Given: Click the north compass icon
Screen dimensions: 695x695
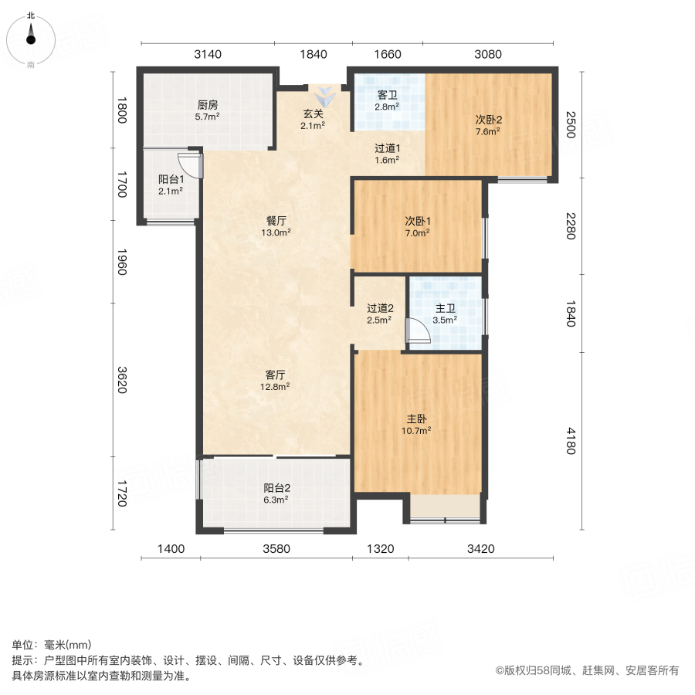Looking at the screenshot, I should [31, 35].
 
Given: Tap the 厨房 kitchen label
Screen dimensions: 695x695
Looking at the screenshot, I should [208, 105].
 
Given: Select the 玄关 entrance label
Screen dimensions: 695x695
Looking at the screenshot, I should [313, 114].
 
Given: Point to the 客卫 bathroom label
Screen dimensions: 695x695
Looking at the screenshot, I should [387, 95].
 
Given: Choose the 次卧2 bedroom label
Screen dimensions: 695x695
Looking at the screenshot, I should [488, 120].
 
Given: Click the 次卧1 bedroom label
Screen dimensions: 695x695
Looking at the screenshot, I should [418, 221].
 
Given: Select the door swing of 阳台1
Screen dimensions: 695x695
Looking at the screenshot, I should [190, 164].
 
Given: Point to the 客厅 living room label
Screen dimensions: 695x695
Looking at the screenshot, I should [276, 375].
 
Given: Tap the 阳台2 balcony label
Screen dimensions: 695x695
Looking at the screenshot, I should [276, 488].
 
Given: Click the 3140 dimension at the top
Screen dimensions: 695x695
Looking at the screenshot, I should [207, 54].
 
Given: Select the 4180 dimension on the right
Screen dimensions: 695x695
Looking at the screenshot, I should [570, 441].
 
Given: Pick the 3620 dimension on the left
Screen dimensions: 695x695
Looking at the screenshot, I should [120, 379].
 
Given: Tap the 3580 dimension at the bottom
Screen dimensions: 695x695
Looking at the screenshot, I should [276, 549].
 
